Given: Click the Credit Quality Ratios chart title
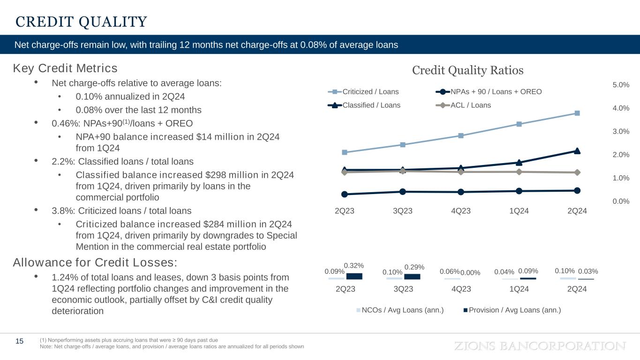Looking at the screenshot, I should pyautogui.click(x=467, y=70).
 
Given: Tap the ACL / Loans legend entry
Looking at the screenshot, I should pyautogui.click(x=464, y=105).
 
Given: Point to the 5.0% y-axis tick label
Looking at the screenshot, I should pyautogui.click(x=620, y=85).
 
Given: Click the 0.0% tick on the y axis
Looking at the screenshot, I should pyautogui.click(x=620, y=201).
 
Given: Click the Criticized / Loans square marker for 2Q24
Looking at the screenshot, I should pyautogui.click(x=577, y=113).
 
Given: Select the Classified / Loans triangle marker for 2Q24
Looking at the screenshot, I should pyautogui.click(x=577, y=151).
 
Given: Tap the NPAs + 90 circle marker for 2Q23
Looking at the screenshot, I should pyautogui.click(x=345, y=194).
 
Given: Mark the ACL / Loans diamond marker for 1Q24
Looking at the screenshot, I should pyautogui.click(x=519, y=172).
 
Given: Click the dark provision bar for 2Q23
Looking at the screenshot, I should pyautogui.click(x=354, y=276).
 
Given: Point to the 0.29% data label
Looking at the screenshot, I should pyautogui.click(x=414, y=267).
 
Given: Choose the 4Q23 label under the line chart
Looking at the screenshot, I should pyautogui.click(x=461, y=211).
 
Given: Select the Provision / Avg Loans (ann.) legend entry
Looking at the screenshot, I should pyautogui.click(x=512, y=310).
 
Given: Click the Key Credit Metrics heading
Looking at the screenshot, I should pyautogui.click(x=65, y=68).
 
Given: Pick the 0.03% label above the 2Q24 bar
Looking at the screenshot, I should pyautogui.click(x=588, y=271).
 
